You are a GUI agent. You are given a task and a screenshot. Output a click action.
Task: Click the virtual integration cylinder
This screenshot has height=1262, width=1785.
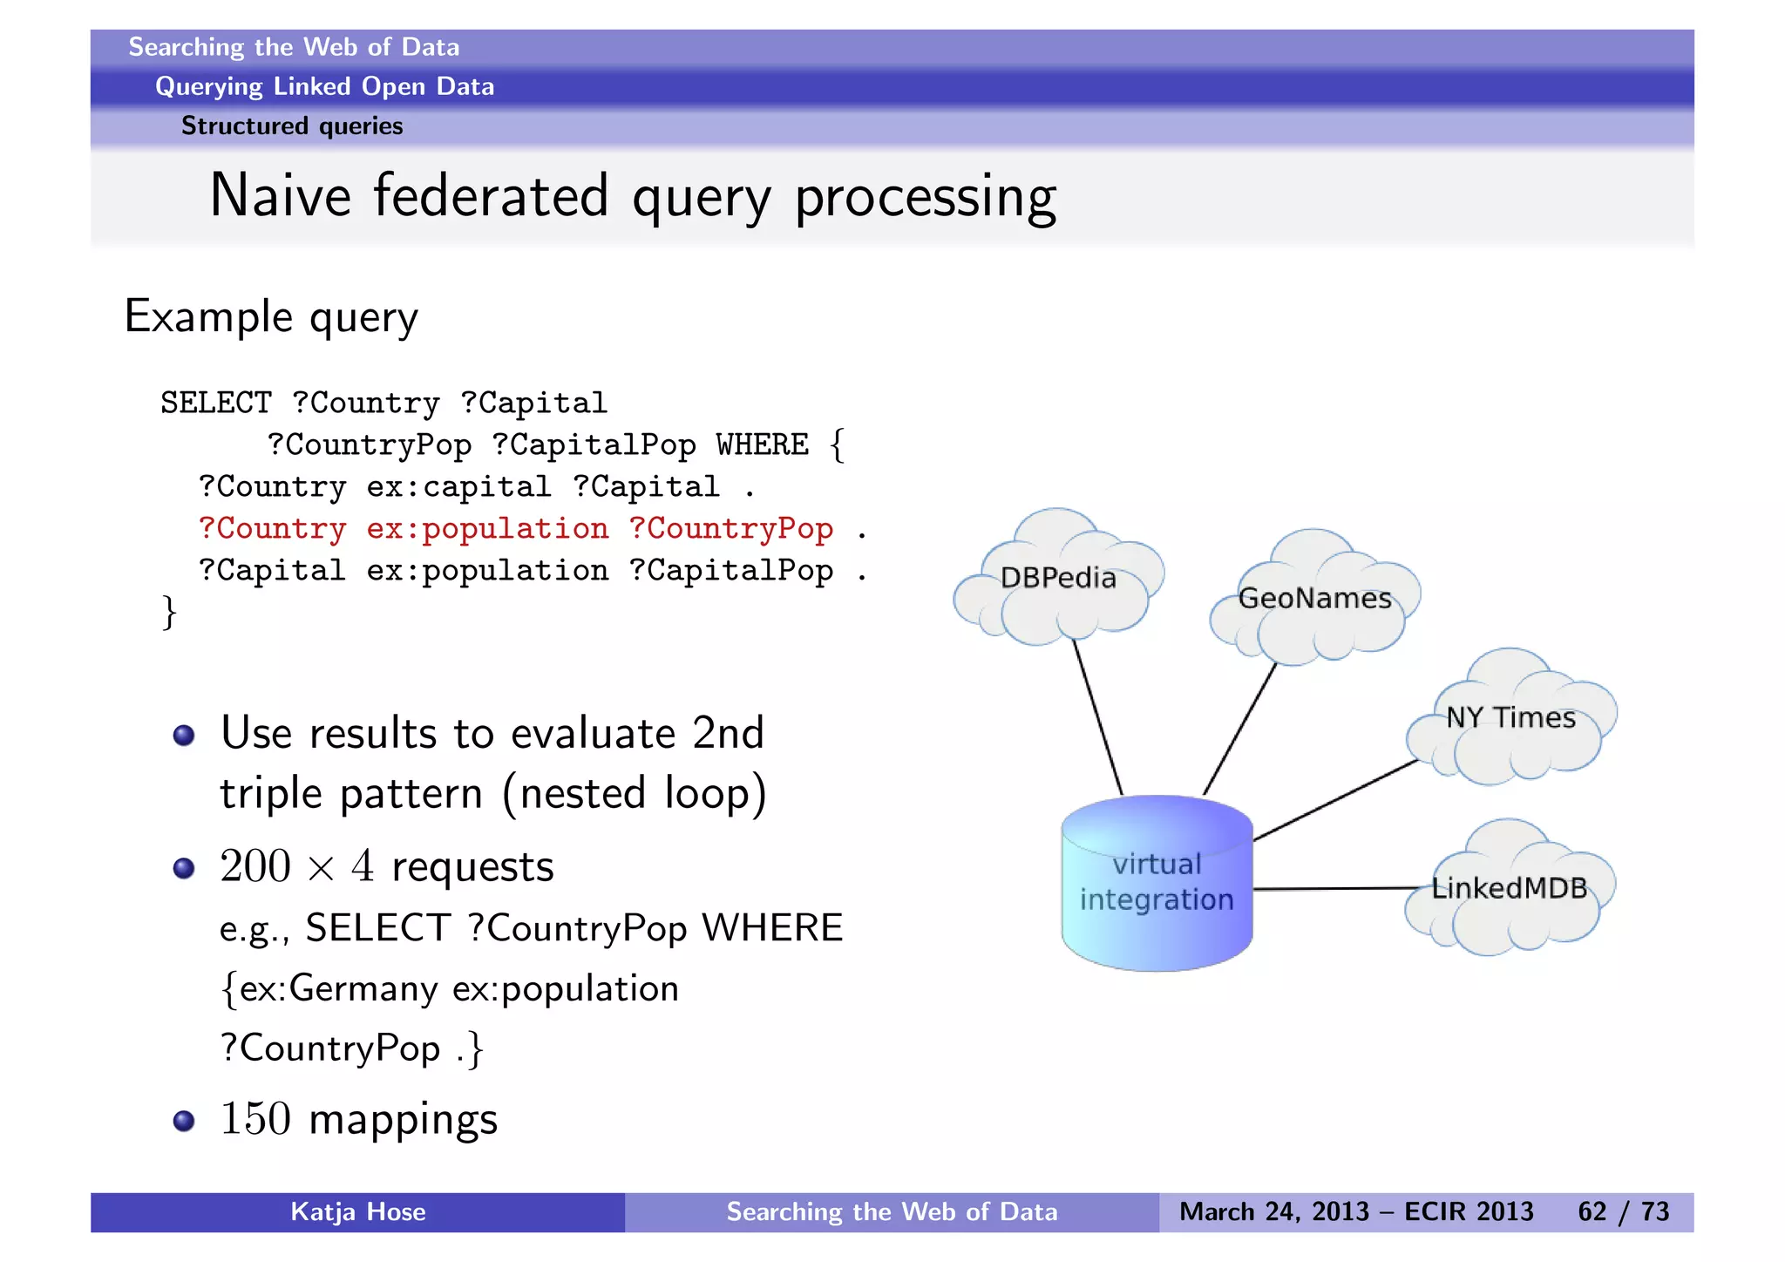1157,889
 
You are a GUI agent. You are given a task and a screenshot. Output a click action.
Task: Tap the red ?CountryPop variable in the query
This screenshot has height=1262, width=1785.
730,528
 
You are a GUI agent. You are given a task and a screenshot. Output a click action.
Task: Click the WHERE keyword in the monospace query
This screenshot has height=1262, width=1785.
762,444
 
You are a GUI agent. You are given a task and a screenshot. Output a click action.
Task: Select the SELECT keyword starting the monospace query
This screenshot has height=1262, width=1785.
215,403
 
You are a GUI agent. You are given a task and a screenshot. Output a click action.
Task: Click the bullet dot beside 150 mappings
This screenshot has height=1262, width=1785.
184,1120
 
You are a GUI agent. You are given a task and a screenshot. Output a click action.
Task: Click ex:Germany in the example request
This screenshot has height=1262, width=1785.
338,988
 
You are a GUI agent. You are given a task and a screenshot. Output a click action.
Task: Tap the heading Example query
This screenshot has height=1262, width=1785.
271,317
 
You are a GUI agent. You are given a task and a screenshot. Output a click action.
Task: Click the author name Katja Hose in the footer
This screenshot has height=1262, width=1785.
357,1211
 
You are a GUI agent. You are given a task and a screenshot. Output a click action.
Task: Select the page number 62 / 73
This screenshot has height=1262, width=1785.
1623,1211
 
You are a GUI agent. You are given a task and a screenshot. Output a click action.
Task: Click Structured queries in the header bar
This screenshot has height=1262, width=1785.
292,126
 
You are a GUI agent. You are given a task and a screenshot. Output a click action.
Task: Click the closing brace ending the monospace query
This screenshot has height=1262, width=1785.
169,612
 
